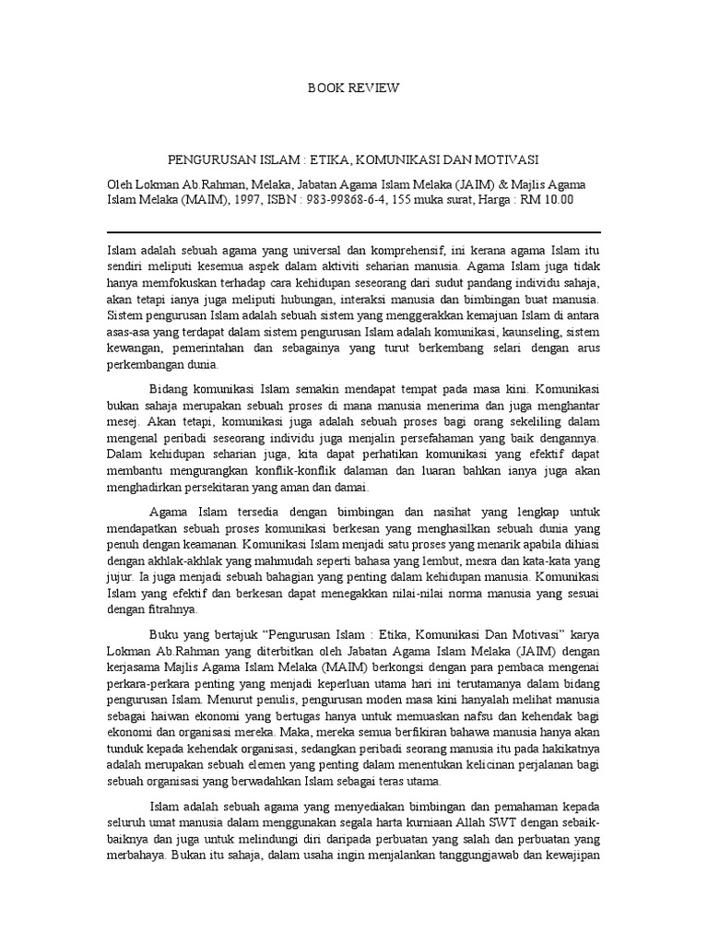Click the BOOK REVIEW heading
pos(354,88)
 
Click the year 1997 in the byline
pos(235,198)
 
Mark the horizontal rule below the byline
pos(354,231)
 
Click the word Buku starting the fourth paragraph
pos(164,635)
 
